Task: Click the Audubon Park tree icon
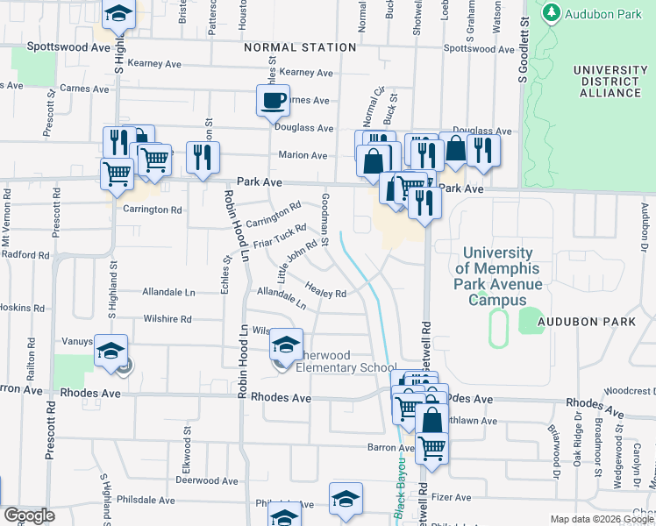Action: tap(551, 14)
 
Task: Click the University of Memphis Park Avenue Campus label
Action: tap(498, 277)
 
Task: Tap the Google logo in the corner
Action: tap(29, 515)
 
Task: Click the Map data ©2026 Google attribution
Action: tap(601, 519)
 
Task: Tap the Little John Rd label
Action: tap(296, 260)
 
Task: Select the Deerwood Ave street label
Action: tap(207, 480)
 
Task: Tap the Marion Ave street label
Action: tap(303, 155)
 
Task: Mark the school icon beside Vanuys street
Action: tap(111, 351)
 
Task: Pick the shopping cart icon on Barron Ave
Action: tap(431, 447)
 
